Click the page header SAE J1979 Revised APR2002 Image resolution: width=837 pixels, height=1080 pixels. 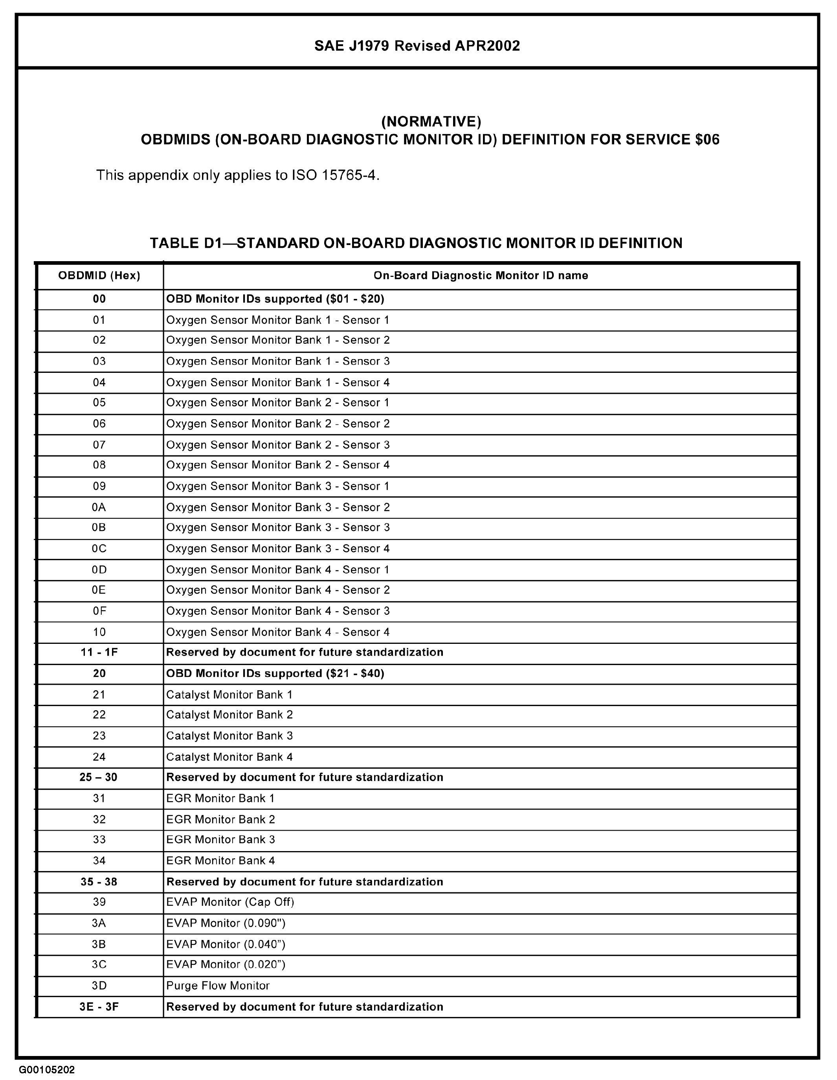click(x=417, y=46)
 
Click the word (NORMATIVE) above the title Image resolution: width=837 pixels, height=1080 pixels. click(x=431, y=121)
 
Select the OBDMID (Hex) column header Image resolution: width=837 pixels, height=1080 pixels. click(x=99, y=275)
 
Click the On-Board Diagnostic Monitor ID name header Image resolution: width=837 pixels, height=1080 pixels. click(x=480, y=275)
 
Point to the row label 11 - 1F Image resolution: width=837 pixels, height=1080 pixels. click(x=99, y=652)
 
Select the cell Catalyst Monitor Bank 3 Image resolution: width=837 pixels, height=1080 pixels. click(x=229, y=736)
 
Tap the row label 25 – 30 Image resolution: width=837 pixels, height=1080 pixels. click(x=98, y=778)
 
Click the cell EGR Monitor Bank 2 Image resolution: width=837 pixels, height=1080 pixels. click(x=220, y=819)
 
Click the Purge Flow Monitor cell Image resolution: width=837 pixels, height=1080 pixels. click(x=218, y=986)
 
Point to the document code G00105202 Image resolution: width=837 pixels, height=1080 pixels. click(x=47, y=1070)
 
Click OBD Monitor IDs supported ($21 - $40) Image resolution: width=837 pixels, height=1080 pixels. click(x=275, y=673)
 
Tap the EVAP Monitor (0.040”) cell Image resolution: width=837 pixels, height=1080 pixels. click(x=226, y=944)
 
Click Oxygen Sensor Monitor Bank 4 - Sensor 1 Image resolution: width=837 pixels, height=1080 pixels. click(x=278, y=569)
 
